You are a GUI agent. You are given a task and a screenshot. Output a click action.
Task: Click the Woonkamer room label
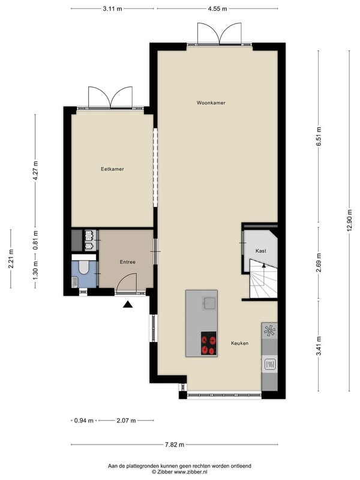pos(211,103)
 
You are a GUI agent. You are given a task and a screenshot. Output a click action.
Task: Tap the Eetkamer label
pos(112,169)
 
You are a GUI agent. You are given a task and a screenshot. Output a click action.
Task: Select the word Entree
pos(127,262)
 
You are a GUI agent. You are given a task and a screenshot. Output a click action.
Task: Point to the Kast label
pos(261,251)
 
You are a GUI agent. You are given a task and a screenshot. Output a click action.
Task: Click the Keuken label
pos(239,343)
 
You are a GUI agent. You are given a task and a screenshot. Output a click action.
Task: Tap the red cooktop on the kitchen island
pos(208,343)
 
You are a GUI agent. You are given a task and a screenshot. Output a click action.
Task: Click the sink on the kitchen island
pos(209,304)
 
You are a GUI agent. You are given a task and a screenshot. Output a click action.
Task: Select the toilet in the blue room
pos(83,266)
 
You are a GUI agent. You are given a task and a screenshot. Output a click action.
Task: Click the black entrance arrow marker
pos(128,304)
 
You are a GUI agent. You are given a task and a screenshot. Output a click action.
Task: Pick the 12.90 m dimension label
pos(350,221)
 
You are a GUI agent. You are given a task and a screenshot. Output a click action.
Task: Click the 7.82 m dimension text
pos(175,445)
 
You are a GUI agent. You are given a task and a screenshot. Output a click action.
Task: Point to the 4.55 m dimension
pos(217,9)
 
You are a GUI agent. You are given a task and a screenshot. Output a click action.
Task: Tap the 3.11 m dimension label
pos(112,9)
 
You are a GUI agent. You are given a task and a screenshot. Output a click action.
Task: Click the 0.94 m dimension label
pos(83,421)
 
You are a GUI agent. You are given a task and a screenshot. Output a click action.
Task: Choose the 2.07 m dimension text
pos(126,421)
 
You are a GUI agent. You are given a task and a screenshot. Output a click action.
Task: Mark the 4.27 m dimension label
pos(35,171)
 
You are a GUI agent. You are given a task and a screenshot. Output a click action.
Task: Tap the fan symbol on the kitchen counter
pos(269,331)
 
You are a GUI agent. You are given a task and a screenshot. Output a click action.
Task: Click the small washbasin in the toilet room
pos(74,282)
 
